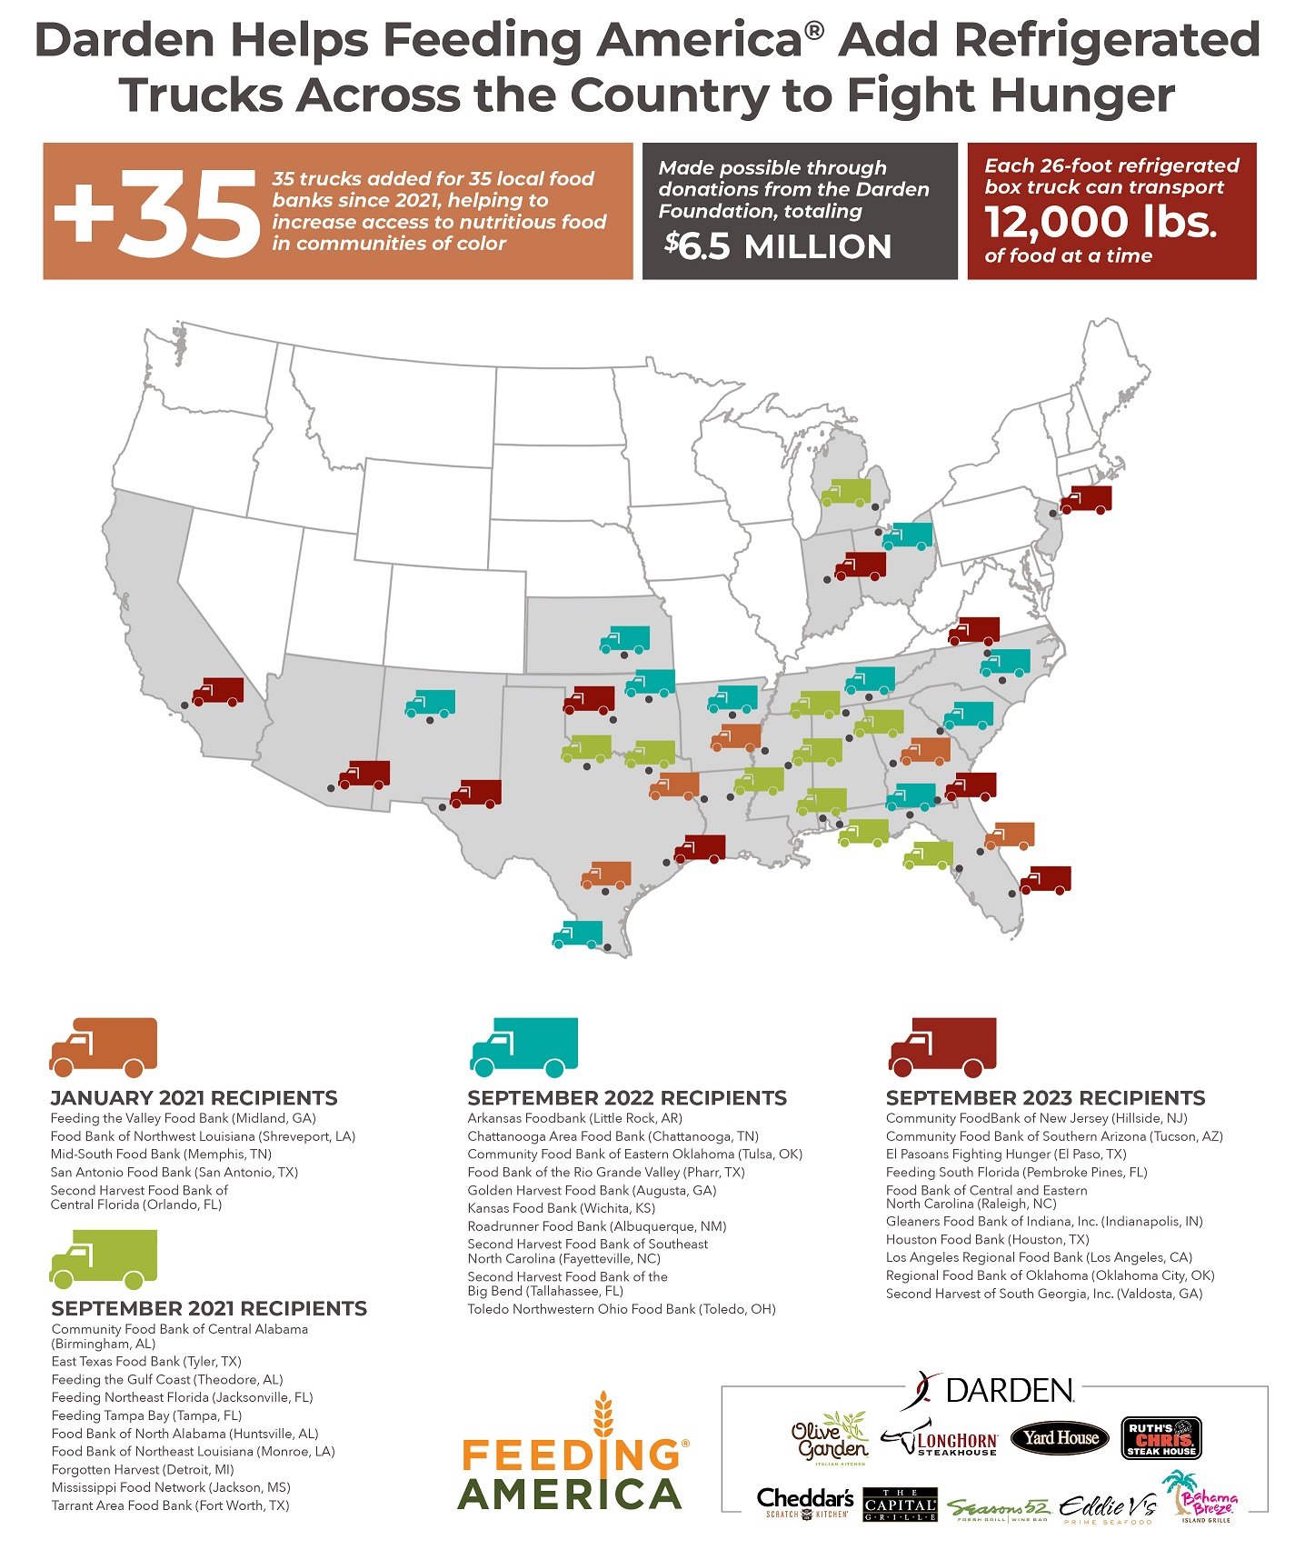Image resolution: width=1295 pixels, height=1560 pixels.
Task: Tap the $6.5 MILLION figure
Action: (x=777, y=246)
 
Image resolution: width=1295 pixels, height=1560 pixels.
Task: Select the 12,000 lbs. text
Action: (x=1100, y=221)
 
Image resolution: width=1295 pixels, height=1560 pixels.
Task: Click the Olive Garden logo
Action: (x=829, y=1439)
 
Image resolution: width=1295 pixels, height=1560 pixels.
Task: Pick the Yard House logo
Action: (x=1060, y=1437)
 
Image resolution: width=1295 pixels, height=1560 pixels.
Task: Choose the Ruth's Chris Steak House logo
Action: (x=1161, y=1438)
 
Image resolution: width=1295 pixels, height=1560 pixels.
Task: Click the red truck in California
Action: (x=218, y=691)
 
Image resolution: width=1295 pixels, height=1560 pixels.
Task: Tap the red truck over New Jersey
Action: (x=1086, y=499)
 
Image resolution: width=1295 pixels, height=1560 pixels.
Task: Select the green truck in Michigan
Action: (x=845, y=492)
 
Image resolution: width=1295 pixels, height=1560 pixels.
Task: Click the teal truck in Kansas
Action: (x=624, y=639)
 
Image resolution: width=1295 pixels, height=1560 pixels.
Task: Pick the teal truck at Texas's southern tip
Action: (x=578, y=934)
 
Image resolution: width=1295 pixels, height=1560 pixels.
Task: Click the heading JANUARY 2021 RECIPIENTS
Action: (x=194, y=1097)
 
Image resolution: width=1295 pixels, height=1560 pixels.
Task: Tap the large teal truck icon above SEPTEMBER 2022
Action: (x=524, y=1047)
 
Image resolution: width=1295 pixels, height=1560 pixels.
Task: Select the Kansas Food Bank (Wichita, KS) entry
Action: (x=561, y=1208)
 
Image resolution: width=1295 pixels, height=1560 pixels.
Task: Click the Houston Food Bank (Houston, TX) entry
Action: (x=987, y=1239)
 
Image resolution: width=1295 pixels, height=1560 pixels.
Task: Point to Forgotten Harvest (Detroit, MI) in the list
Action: (x=143, y=1469)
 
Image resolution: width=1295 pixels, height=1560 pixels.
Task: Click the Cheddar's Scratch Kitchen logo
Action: (x=805, y=1502)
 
